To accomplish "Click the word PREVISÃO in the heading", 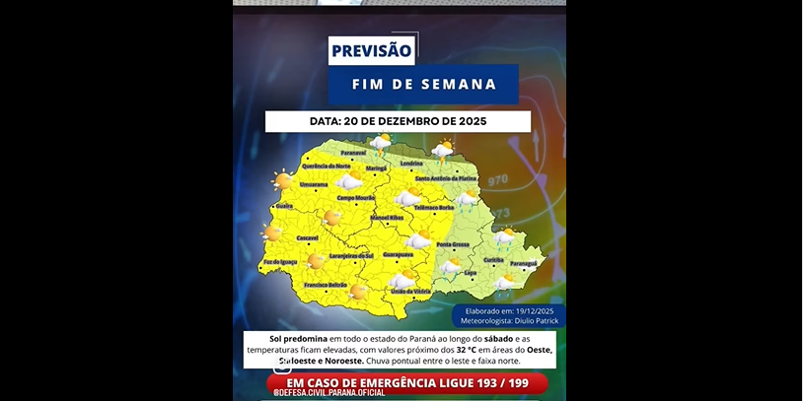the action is [372, 51].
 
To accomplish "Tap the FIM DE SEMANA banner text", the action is [424, 85].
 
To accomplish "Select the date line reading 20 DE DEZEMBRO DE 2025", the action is [398, 121].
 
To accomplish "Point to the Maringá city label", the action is [377, 168].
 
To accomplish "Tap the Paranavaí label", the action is [353, 154].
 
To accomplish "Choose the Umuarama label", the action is [314, 184].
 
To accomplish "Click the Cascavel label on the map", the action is [308, 237].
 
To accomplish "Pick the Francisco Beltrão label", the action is [326, 285].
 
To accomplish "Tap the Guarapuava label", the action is [398, 254].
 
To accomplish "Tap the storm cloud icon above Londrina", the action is [443, 149].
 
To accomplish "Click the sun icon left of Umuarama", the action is [283, 180].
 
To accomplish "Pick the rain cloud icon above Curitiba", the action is [505, 236].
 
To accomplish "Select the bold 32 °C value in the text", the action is [469, 350].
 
